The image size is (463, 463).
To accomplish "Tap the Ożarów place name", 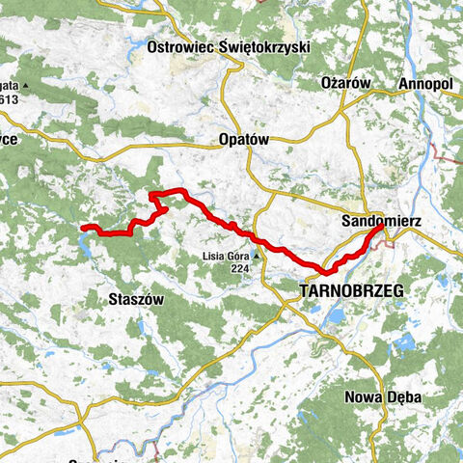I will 345,84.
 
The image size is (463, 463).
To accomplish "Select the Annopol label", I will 425,84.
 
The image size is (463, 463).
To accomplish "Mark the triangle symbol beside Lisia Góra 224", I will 258,257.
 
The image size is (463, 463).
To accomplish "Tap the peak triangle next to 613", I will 27,86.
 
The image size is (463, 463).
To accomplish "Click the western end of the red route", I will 83,228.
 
